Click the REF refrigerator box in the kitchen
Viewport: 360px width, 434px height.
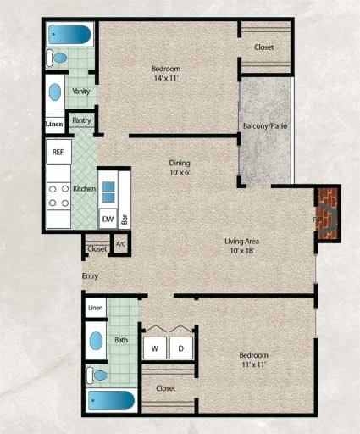[x=58, y=152]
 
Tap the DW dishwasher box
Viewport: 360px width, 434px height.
[x=108, y=218]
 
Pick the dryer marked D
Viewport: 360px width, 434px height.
[x=180, y=348]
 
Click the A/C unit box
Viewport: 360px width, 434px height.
[x=120, y=245]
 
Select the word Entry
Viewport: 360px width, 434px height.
[x=90, y=276]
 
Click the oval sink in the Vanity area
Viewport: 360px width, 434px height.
[x=54, y=92]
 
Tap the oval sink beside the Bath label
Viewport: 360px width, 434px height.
[x=97, y=341]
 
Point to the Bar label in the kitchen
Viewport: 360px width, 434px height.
[x=125, y=218]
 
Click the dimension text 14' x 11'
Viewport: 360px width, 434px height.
[x=166, y=78]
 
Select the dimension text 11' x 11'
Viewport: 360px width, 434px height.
[x=253, y=364]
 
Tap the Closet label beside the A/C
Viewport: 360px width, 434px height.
[x=97, y=249]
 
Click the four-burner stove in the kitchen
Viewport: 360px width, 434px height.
[x=58, y=195]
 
